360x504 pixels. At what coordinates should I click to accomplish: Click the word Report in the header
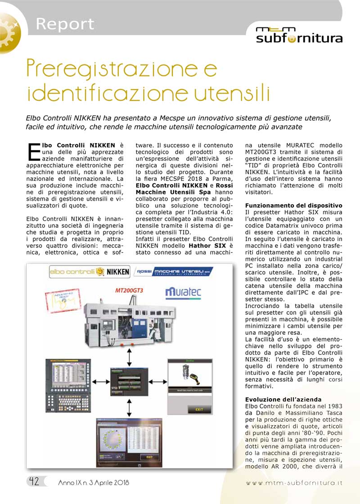(x=65, y=24)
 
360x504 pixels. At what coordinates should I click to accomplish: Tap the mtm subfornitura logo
(x=299, y=35)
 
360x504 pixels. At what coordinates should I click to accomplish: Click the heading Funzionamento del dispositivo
(x=293, y=205)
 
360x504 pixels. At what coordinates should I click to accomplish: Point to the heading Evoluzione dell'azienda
(x=283, y=399)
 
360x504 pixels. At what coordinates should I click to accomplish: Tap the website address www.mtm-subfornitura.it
(x=294, y=482)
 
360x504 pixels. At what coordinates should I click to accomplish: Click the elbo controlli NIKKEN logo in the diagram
(x=89, y=272)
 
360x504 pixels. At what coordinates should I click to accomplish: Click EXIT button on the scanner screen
(x=199, y=409)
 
